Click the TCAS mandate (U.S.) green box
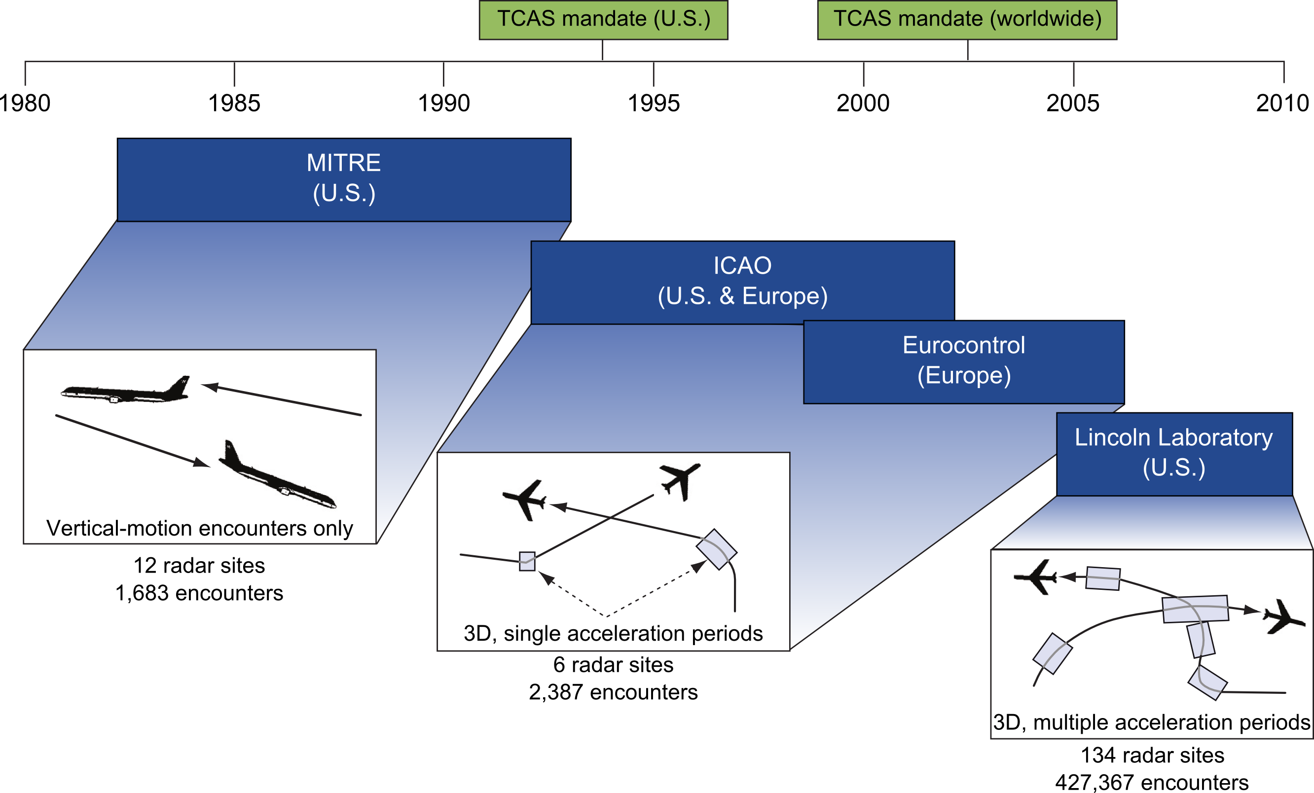coord(603,20)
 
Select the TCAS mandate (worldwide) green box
coord(967,20)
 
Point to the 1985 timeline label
coord(234,103)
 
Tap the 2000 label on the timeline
coord(863,103)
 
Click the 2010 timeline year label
coord(1282,103)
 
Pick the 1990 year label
coord(444,103)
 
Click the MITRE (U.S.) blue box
coord(343,179)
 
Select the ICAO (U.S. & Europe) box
coord(742,282)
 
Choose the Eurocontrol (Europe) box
coord(964,361)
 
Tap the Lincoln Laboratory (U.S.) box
coord(1174,453)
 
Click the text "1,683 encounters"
coord(199,593)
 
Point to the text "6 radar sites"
coord(613,664)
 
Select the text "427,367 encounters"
coord(1152,782)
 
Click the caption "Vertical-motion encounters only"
coord(199,528)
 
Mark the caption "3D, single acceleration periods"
coord(613,633)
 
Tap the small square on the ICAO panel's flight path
coord(527,561)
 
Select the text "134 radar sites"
coord(1152,755)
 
